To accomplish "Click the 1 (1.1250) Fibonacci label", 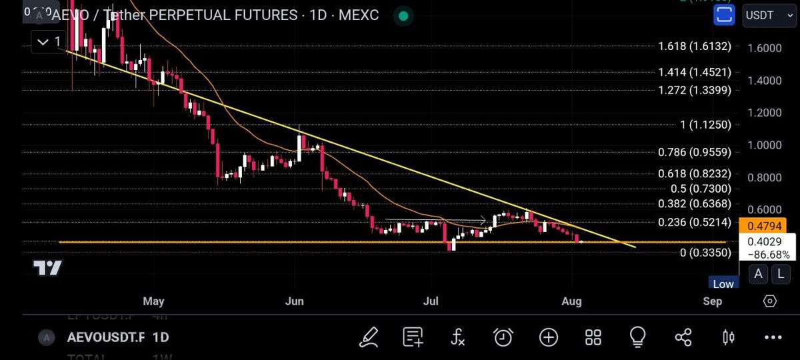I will (697, 125).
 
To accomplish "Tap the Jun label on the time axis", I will (294, 301).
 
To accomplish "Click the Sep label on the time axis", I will (712, 301).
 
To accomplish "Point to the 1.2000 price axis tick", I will (765, 113).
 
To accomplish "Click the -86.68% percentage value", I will (769, 255).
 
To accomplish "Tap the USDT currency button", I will (769, 14).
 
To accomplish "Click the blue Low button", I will (723, 284).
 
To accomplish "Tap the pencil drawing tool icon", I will (369, 337).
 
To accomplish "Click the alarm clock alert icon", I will (503, 337).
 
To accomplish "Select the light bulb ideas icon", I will (637, 337).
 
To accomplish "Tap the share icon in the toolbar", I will (683, 337).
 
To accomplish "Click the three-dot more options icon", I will (773, 337).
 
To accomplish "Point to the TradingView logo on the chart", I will (48, 269).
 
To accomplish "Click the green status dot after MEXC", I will (403, 15).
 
